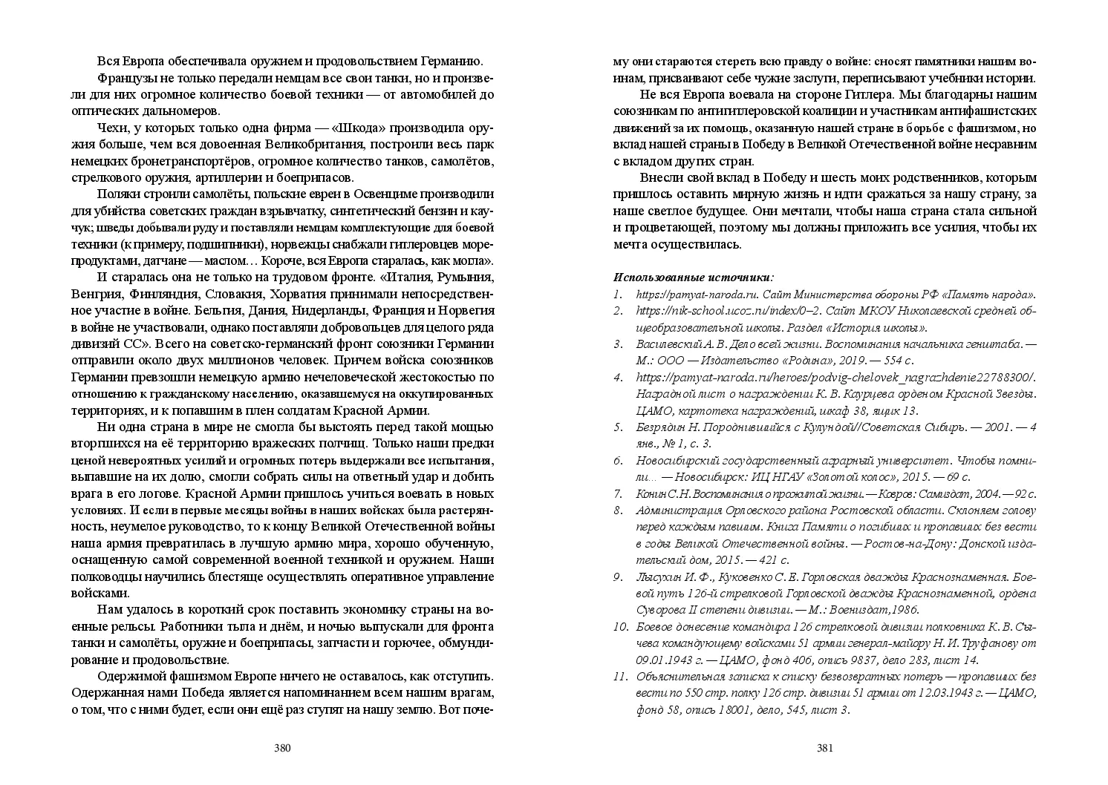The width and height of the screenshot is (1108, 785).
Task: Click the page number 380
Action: [281, 748]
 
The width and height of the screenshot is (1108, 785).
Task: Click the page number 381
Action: [825, 748]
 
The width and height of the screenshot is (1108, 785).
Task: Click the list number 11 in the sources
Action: [621, 677]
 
